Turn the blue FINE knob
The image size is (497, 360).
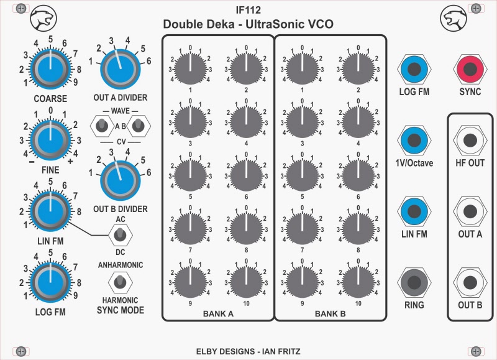[x=50, y=134]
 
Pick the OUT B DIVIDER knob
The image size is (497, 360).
[x=119, y=178]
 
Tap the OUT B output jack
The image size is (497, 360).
[x=470, y=282]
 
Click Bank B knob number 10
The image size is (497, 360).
[x=358, y=281]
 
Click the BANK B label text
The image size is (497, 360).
[x=329, y=314]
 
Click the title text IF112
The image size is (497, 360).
[x=248, y=10]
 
